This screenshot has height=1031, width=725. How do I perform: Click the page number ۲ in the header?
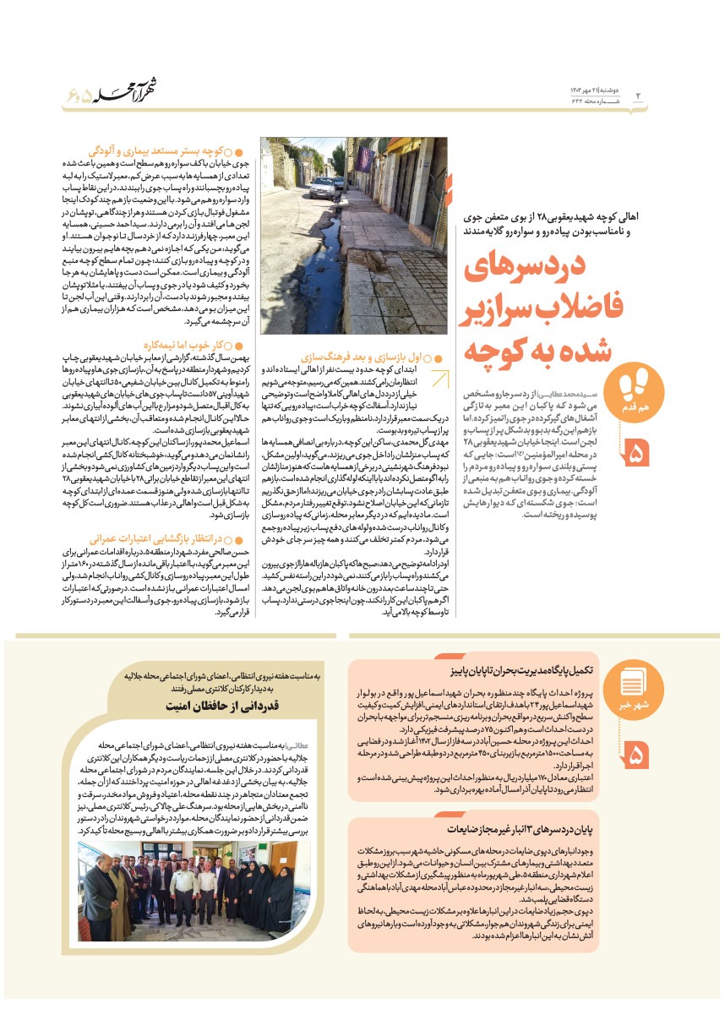point(639,95)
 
